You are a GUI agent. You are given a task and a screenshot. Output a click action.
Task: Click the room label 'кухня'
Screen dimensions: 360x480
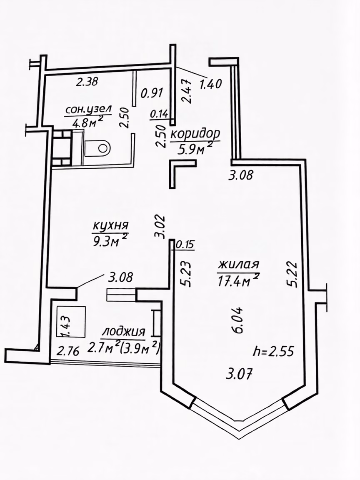point(110,225)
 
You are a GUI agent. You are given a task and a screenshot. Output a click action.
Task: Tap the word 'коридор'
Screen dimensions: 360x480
point(195,134)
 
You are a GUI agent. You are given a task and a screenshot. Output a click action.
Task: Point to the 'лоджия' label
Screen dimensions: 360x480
point(124,332)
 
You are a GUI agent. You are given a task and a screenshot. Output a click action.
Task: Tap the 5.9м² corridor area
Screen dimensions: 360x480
point(195,150)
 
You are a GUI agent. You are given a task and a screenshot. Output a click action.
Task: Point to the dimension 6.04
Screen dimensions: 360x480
point(238,320)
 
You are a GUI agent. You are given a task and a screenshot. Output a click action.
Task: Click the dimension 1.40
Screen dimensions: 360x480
point(210,84)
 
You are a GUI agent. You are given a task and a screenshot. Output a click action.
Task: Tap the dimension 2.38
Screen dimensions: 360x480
point(87,82)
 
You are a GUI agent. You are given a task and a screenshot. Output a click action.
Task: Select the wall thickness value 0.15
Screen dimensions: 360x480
point(185,245)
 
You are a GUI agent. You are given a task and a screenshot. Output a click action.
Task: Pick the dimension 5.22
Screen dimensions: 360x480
point(292,273)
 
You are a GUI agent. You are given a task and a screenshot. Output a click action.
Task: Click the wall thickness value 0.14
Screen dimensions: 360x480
point(159,114)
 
